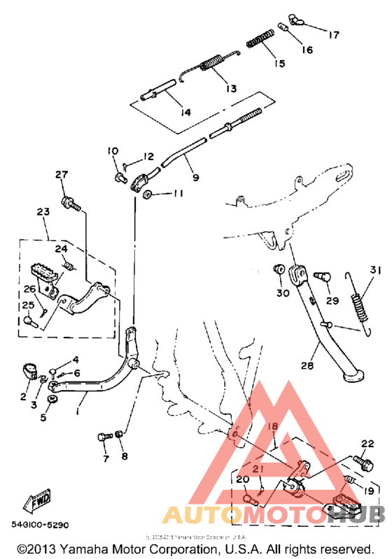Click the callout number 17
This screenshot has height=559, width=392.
click(x=333, y=34)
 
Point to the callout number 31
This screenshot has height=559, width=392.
click(x=376, y=271)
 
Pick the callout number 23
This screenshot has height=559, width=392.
click(x=43, y=210)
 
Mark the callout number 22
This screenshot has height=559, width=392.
click(x=367, y=442)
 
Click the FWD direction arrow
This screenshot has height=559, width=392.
click(x=37, y=500)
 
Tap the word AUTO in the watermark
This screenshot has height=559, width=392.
click(x=191, y=515)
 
